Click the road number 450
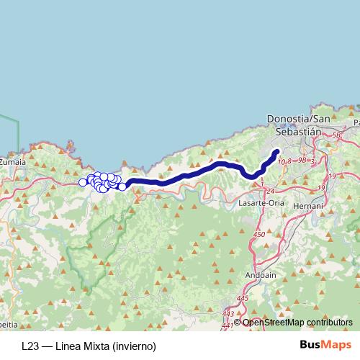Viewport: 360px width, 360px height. (260, 235)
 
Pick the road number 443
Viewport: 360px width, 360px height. (228, 313)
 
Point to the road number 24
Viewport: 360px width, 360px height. (270, 191)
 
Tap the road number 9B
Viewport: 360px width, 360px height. (302, 160)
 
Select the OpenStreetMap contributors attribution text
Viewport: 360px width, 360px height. (298, 322)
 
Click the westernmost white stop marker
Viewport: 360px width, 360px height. (83, 182)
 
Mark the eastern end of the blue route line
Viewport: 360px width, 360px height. (277, 150)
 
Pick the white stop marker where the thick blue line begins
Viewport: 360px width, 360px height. (122, 186)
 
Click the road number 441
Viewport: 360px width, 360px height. (228, 326)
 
